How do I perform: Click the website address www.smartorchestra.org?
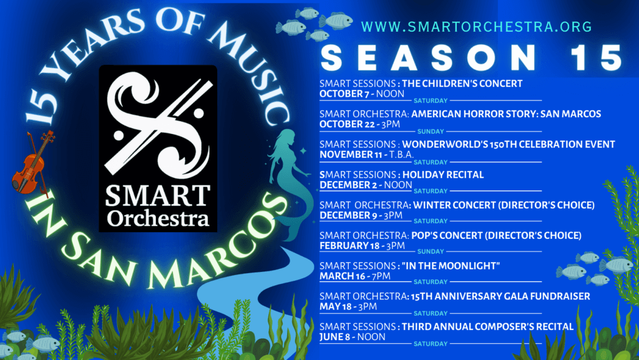click(x=476, y=27)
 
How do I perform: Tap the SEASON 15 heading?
click(x=472, y=58)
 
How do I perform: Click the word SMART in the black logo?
click(x=158, y=196)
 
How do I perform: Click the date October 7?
click(x=344, y=94)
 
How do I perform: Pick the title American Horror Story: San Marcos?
click(x=505, y=114)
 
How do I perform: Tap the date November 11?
click(x=351, y=155)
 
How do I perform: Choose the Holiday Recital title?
click(x=443, y=175)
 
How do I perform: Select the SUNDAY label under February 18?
click(x=431, y=251)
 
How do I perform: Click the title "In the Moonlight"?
click(x=451, y=266)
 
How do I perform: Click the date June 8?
click(x=334, y=337)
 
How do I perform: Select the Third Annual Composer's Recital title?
click(x=487, y=326)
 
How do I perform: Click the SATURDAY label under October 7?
click(x=431, y=100)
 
